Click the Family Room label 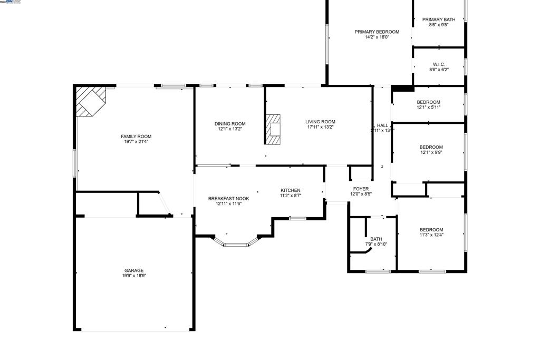point(136,137)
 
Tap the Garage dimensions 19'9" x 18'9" point(134,276)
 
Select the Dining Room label point(230,124)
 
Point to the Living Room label point(320,122)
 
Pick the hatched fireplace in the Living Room point(274,129)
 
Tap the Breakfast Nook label point(228,199)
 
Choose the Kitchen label point(290,190)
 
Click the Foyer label point(361,189)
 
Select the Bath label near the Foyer point(376,239)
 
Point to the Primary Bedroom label point(377,32)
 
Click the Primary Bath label point(439,20)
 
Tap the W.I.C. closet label point(439,64)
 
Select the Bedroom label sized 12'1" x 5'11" point(428,102)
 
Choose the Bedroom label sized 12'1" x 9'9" point(431,147)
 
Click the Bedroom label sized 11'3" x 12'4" point(431,230)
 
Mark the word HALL point(382,125)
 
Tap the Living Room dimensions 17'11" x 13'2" point(320,127)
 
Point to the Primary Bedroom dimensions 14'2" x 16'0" point(377,37)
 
